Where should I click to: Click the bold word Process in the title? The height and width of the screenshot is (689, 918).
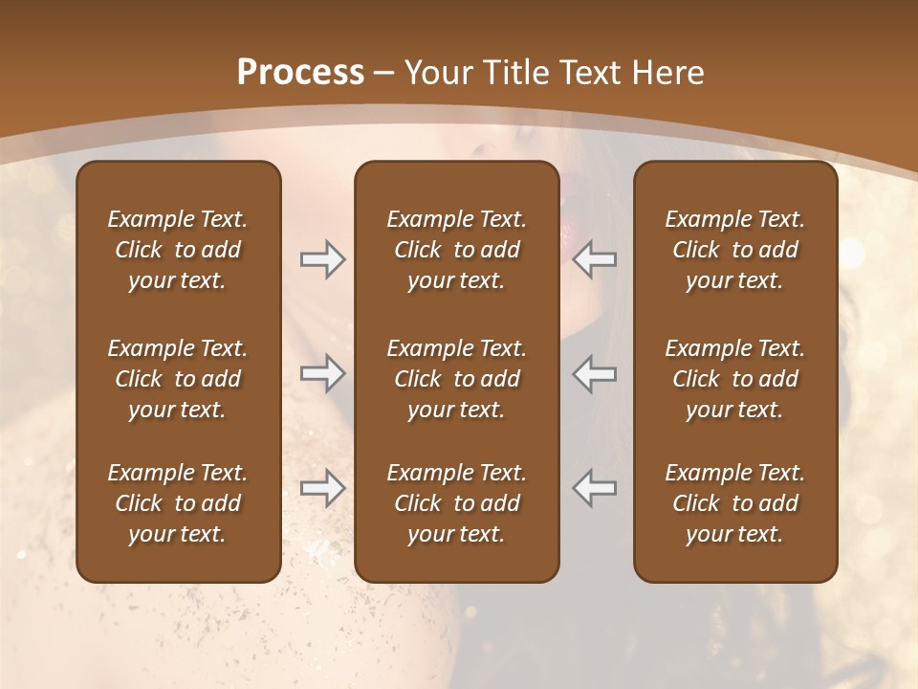pyautogui.click(x=300, y=72)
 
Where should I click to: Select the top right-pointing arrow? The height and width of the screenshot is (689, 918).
pyautogui.click(x=323, y=259)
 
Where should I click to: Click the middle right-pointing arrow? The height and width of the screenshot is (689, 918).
pyautogui.click(x=323, y=373)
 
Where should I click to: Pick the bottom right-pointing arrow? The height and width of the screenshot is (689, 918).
pyautogui.click(x=323, y=488)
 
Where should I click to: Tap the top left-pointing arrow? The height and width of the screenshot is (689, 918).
pyautogui.click(x=595, y=259)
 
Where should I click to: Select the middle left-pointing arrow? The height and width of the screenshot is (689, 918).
pyautogui.click(x=595, y=373)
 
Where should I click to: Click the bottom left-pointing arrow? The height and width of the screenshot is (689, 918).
pyautogui.click(x=595, y=488)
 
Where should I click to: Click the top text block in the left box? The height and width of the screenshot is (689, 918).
pyautogui.click(x=178, y=250)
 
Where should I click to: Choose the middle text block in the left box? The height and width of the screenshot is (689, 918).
pyautogui.click(x=178, y=379)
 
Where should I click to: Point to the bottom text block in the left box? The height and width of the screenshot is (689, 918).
pyautogui.click(x=178, y=503)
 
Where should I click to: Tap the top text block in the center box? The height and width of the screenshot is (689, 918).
pyautogui.click(x=456, y=250)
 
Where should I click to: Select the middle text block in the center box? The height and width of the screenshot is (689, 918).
pyautogui.click(x=456, y=379)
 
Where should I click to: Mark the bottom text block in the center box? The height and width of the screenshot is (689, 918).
pyautogui.click(x=456, y=503)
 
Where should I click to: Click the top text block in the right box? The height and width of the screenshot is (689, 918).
pyautogui.click(x=735, y=250)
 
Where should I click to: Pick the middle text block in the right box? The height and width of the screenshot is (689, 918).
pyautogui.click(x=735, y=379)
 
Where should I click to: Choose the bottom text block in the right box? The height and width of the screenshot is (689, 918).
pyautogui.click(x=735, y=503)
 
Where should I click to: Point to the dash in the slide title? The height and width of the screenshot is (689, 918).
pyautogui.click(x=384, y=74)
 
